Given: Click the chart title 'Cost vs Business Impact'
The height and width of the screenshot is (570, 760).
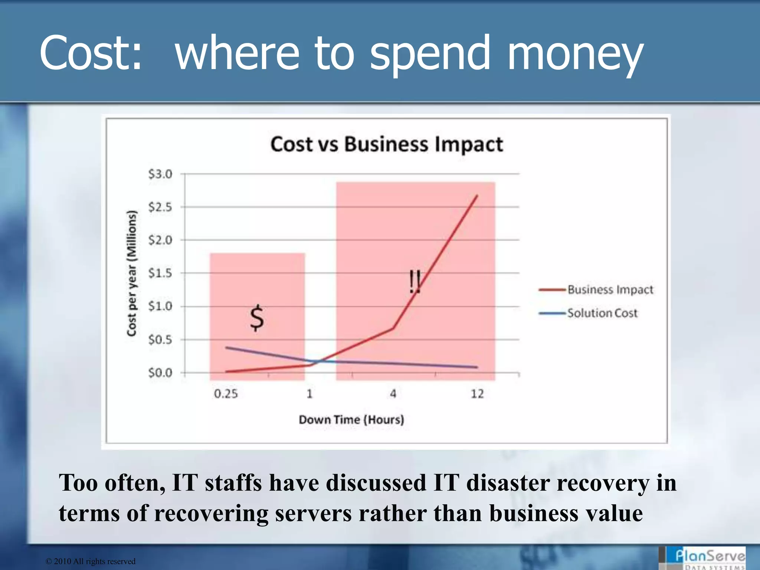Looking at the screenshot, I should (x=386, y=144).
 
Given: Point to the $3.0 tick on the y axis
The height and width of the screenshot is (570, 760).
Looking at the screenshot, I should (x=160, y=174).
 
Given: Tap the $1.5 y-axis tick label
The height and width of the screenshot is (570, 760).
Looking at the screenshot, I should (x=160, y=273).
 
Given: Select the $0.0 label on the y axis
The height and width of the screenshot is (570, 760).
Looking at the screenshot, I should (x=160, y=373).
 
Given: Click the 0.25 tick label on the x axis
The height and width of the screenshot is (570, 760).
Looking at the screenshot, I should (x=226, y=394).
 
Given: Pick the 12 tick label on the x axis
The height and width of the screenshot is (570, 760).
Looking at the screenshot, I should (x=477, y=394).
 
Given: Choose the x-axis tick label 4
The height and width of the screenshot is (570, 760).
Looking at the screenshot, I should (x=393, y=394).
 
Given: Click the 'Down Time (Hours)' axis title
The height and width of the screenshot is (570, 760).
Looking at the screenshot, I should (x=351, y=420).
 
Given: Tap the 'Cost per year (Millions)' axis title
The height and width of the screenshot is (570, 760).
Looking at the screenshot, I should (x=132, y=273).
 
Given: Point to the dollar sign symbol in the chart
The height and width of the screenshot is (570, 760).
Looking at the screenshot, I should (x=257, y=318).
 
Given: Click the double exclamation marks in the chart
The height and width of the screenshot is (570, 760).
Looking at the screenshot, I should (x=415, y=282).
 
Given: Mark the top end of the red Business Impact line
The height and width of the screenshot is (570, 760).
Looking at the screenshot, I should (x=477, y=196).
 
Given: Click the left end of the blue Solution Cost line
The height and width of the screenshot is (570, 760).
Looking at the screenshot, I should (x=226, y=348).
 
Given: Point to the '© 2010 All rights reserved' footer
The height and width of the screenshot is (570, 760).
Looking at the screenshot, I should (x=91, y=561).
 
